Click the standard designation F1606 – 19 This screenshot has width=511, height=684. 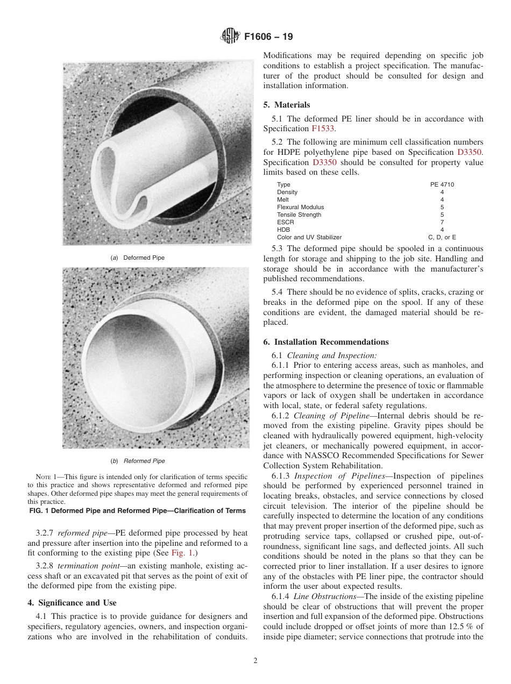pyautogui.click(x=268, y=38)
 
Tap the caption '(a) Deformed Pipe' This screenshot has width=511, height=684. pyautogui.click(x=138, y=258)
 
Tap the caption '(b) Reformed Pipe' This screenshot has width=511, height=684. pyautogui.click(x=138, y=461)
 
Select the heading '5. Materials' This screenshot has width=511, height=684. pyautogui.click(x=287, y=105)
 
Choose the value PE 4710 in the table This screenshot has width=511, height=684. pyautogui.click(x=442, y=184)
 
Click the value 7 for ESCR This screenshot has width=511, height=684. pyautogui.click(x=442, y=222)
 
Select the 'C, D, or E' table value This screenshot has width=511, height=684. pyautogui.click(x=442, y=237)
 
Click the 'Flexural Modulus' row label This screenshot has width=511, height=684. pyautogui.click(x=300, y=207)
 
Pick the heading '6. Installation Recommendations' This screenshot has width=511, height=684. pyautogui.click(x=326, y=342)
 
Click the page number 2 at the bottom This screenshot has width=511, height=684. pyautogui.click(x=256, y=661)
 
